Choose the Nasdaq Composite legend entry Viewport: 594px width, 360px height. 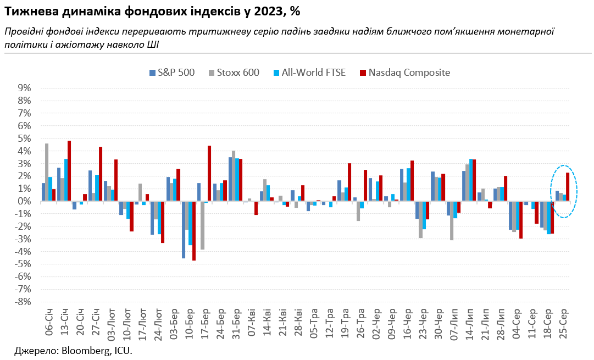coord(404,73)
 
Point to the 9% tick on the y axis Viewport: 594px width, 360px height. coord(24,88)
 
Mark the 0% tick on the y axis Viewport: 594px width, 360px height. coord(24,201)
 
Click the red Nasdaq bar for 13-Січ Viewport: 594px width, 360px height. coord(69,171)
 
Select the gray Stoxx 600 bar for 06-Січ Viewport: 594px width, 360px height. coord(47,172)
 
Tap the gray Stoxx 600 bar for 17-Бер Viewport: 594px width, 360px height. coord(202,225)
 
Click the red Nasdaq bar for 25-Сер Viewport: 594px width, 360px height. coord(568,187)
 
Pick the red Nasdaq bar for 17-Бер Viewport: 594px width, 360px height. coord(209,173)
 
